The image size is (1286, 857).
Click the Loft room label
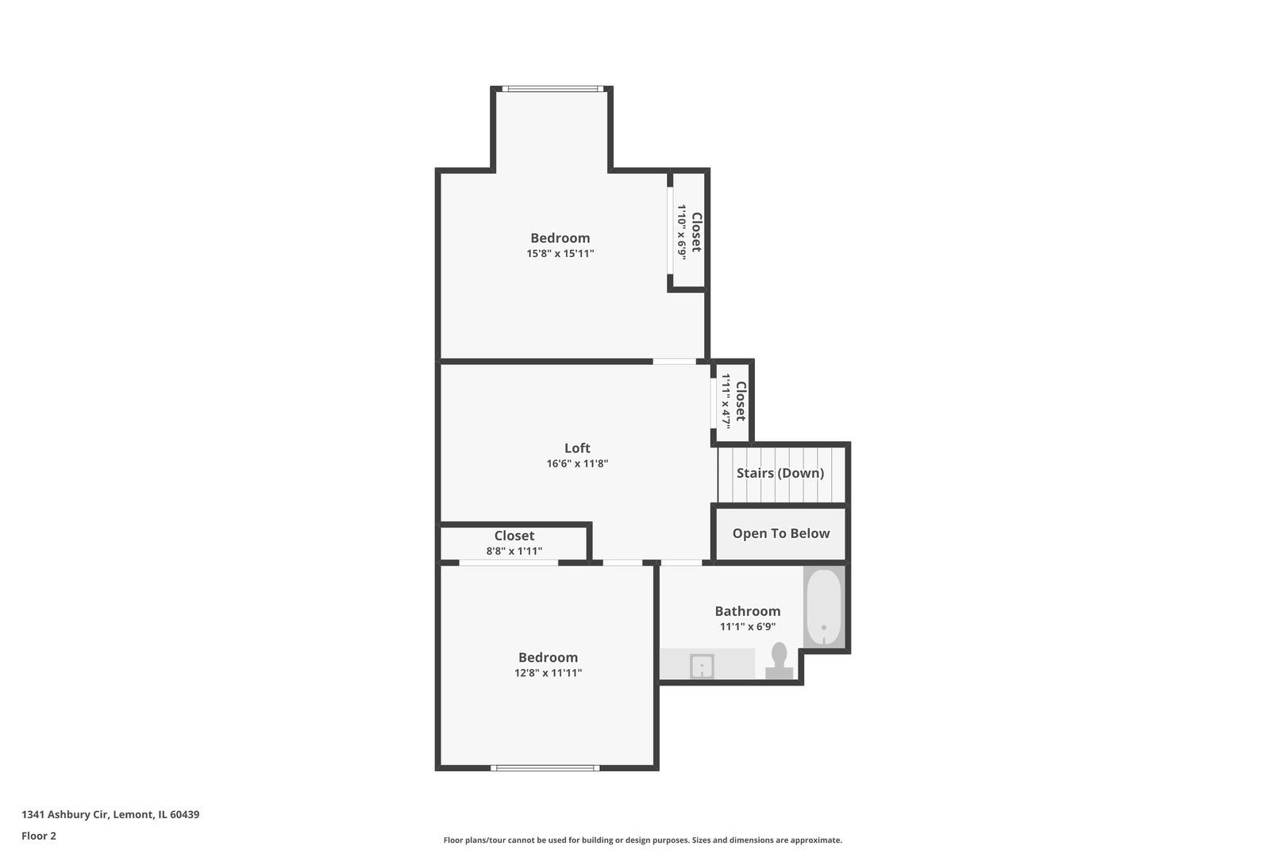(x=577, y=448)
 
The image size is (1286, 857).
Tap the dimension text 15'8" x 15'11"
(x=560, y=254)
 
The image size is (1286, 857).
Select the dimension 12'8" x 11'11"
(x=548, y=673)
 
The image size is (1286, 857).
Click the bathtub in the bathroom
(x=824, y=608)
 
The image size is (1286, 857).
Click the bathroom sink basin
(x=702, y=667)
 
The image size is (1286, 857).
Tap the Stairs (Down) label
(x=780, y=473)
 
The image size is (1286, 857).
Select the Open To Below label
(x=780, y=533)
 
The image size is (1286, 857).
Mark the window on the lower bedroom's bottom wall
(x=545, y=767)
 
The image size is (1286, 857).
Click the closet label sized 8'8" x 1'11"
(x=514, y=536)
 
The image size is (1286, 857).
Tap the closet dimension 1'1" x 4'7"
(x=726, y=402)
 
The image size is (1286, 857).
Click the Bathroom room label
(x=747, y=611)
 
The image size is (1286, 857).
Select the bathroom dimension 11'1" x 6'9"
(x=747, y=627)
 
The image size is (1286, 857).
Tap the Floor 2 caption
(x=39, y=836)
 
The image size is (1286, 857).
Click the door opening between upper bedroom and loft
(x=674, y=362)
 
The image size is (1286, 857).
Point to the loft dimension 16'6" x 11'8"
(x=577, y=464)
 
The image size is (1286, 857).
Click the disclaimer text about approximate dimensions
(x=642, y=840)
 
